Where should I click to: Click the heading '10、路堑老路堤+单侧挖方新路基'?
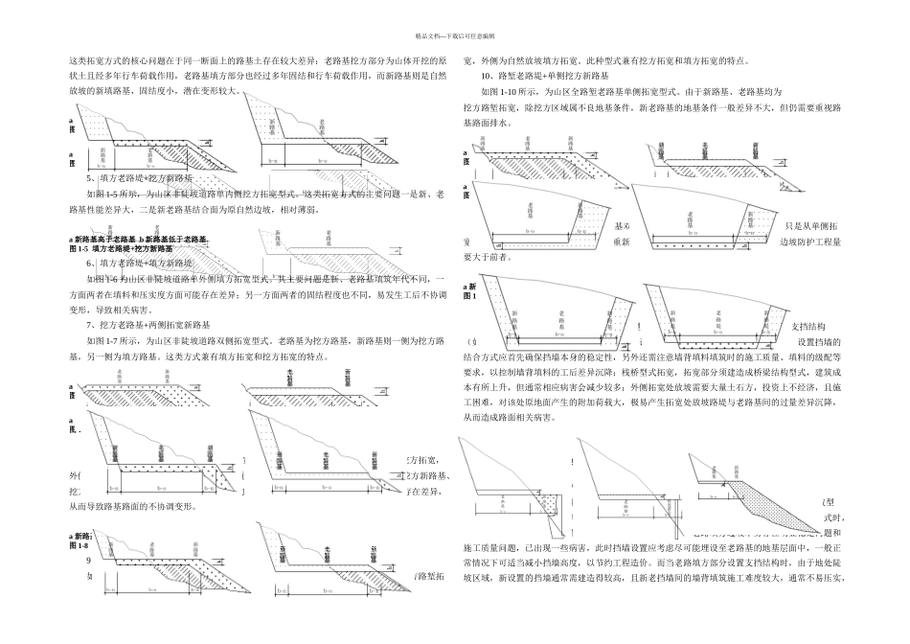click(x=545, y=75)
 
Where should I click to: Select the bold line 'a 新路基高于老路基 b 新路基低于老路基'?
click(x=138, y=238)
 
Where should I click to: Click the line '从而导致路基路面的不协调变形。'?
click(x=132, y=506)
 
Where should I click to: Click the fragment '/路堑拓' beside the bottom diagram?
click(x=428, y=576)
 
